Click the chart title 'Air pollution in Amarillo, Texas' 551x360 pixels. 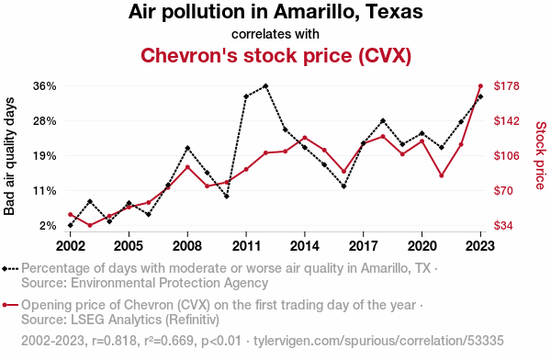pos(275,12)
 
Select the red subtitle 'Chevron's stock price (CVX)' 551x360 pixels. pos(275,55)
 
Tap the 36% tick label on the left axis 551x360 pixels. pos(45,86)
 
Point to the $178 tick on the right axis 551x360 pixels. pos(506,86)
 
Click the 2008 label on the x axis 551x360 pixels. pos(187,246)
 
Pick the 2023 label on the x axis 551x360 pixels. pos(480,246)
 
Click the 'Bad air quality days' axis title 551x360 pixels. pos(9,156)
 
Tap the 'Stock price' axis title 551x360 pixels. pos(541,155)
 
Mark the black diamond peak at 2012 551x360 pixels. pos(265,86)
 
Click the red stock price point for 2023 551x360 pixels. pos(480,86)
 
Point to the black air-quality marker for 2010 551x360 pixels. pos(227,197)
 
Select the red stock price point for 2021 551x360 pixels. pos(442,175)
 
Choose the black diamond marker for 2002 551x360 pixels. pos(71,225)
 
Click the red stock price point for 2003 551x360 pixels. pos(90,225)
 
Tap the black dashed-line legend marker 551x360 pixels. pos(10,269)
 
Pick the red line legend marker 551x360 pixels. pos(10,305)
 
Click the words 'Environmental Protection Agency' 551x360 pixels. pos(169,283)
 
